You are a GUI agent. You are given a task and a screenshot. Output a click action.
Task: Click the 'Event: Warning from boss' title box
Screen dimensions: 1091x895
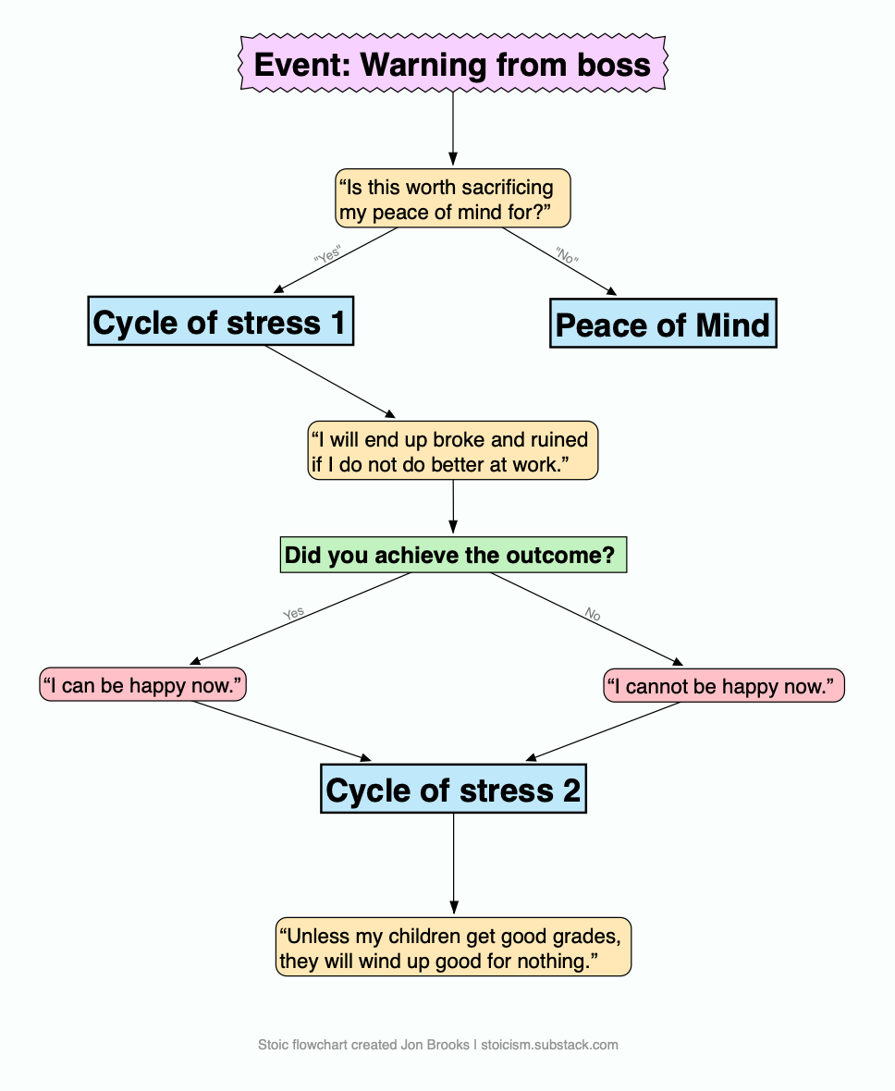[452, 65]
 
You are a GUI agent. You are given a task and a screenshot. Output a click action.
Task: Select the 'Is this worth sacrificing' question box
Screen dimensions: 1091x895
[452, 200]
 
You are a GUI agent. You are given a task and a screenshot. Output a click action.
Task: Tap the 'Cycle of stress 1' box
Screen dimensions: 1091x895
[220, 322]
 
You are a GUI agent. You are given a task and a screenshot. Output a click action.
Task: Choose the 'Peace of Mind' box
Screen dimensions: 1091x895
[663, 324]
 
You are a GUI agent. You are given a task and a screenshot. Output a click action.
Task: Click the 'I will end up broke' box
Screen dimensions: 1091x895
[453, 451]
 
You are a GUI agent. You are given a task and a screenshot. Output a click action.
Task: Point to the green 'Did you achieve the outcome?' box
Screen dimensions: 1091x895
[453, 556]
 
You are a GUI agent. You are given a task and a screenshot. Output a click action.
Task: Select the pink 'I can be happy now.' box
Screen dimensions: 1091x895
[143, 685]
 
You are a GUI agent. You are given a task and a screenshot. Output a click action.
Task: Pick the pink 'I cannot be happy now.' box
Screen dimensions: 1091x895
[724, 685]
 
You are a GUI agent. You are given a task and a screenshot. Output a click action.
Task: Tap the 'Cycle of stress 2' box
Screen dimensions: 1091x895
[453, 790]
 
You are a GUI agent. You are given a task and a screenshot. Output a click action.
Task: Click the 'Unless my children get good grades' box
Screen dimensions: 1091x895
[453, 947]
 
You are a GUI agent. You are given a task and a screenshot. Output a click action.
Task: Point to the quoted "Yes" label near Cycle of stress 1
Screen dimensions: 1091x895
[328, 254]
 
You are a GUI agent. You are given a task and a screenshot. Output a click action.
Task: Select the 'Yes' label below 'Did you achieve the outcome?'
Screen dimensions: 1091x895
[293, 613]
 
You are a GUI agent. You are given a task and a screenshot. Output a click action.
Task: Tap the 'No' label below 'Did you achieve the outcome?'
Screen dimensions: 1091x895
[593, 614]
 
